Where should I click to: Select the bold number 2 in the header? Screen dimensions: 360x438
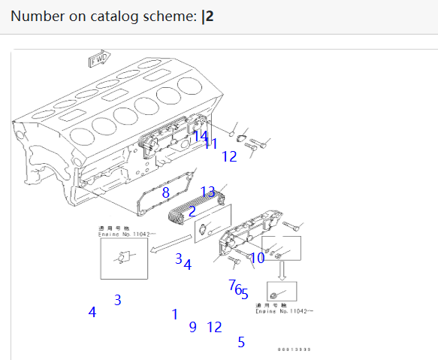tap(210, 16)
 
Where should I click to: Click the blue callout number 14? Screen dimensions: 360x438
tap(200, 136)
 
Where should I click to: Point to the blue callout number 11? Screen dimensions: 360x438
tap(211, 144)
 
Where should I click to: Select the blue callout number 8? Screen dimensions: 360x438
tap(165, 193)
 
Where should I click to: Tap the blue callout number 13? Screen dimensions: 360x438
tap(208, 192)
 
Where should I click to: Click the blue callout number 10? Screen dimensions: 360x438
tap(257, 258)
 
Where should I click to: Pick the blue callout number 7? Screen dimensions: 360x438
tap(232, 284)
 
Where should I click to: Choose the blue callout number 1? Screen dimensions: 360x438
tap(175, 314)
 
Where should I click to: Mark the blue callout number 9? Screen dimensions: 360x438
tap(193, 327)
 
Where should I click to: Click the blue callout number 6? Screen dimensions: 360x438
tap(238, 289)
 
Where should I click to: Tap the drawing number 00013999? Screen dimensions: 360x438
tap(294, 349)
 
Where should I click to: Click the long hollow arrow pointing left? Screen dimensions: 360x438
tap(169, 244)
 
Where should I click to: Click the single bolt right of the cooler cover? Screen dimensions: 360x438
tap(294, 225)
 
